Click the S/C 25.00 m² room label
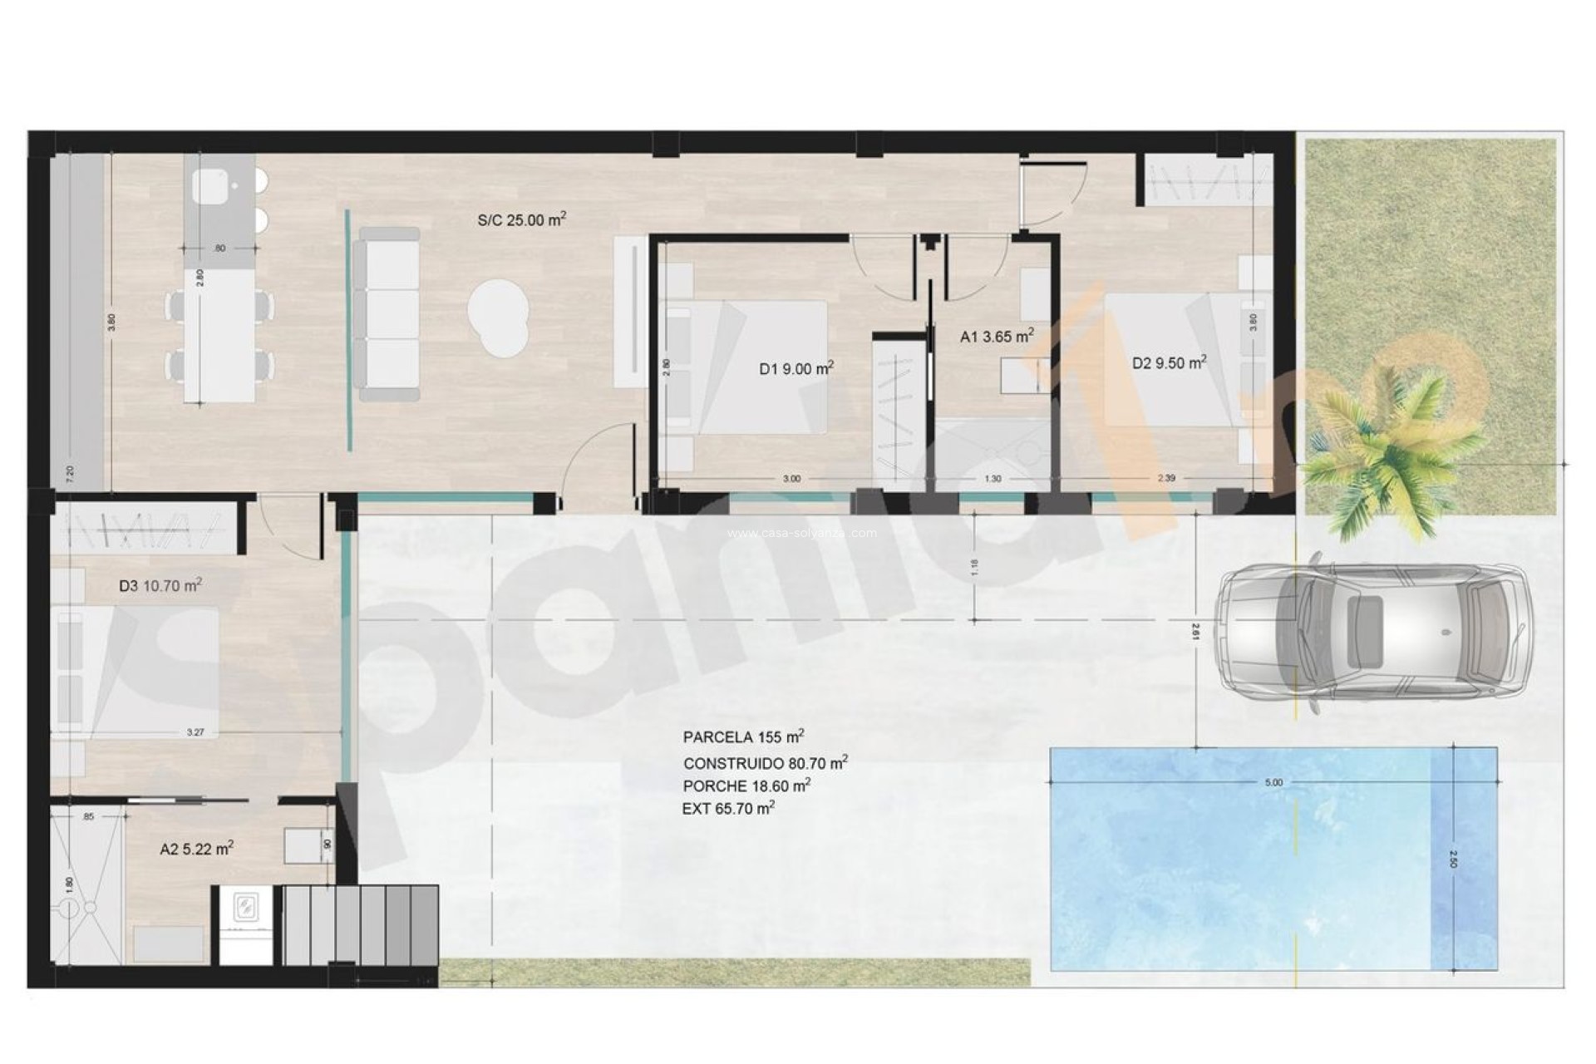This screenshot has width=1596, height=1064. [521, 220]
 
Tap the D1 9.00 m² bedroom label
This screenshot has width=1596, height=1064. [796, 368]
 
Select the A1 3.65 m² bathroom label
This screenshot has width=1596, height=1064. [997, 337]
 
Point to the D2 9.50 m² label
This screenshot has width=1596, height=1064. [1169, 363]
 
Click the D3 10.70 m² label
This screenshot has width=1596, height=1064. [160, 585]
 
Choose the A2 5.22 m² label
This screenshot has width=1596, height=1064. [196, 850]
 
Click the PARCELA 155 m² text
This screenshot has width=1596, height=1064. [743, 737]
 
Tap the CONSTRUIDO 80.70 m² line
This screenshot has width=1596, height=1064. [765, 762]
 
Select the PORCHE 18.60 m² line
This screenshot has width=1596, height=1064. [746, 786]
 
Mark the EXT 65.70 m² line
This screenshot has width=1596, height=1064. [728, 808]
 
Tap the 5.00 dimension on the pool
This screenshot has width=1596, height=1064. [1273, 782]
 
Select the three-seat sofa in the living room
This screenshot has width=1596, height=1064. [387, 314]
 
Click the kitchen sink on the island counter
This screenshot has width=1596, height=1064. [209, 185]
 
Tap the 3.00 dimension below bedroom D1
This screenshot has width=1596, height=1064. [791, 479]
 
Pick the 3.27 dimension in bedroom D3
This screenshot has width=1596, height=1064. [195, 732]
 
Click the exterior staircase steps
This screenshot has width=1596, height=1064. [361, 924]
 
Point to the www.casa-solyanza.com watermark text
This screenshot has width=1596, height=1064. [801, 534]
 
